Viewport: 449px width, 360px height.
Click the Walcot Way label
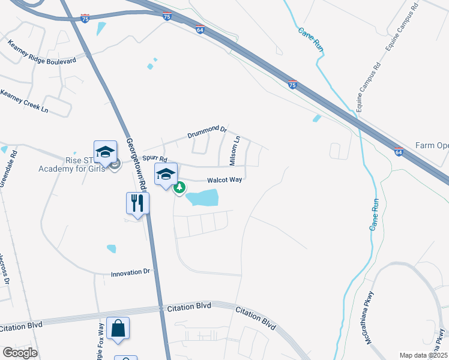click(224, 180)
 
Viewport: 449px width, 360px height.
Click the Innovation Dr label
click(130, 273)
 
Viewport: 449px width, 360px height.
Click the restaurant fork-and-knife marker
click(137, 203)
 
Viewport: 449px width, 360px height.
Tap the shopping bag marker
click(118, 328)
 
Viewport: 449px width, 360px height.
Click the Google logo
click(20, 353)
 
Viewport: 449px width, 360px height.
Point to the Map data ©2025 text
click(423, 355)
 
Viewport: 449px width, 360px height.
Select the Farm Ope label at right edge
click(432, 146)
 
